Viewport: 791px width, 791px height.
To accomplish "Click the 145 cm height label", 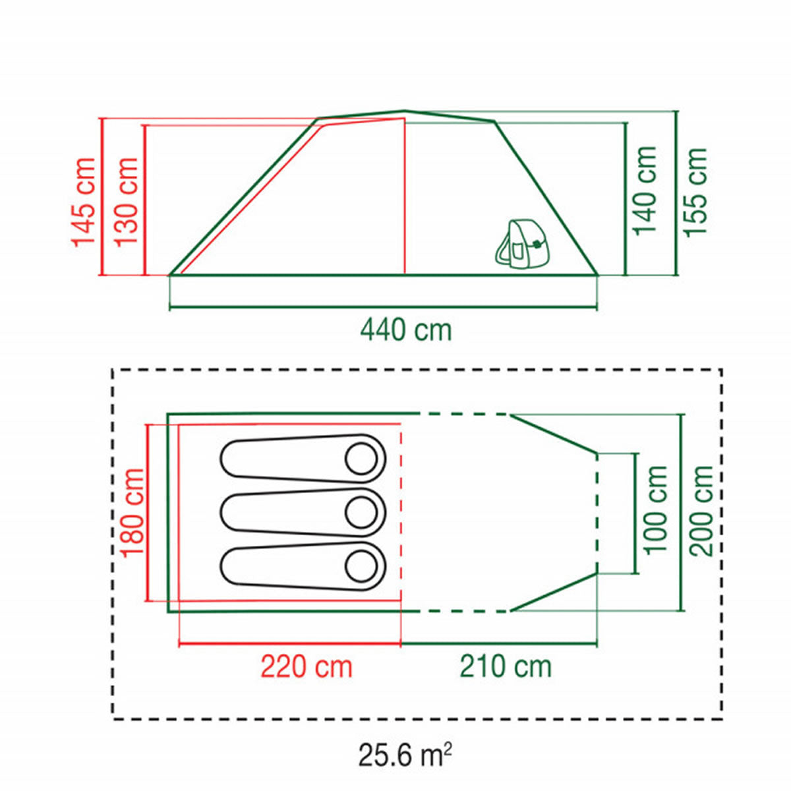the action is (x=84, y=202).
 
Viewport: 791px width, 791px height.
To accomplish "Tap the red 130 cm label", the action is (x=126, y=202).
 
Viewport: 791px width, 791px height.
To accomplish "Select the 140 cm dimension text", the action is (x=645, y=191).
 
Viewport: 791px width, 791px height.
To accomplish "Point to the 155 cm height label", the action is (x=695, y=192).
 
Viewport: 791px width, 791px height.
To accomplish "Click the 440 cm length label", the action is (x=406, y=330).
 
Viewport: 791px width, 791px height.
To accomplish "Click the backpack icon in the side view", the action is (x=521, y=245).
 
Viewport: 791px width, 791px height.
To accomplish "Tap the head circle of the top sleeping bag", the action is (x=361, y=459).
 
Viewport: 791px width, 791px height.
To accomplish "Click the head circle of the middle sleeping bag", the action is (x=361, y=513).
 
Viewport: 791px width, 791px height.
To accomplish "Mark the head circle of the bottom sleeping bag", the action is (x=361, y=566).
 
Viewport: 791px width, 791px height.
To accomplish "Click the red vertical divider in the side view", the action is (x=405, y=196).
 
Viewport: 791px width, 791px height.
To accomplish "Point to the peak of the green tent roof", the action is (x=405, y=111).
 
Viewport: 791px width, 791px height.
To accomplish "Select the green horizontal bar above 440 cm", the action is (x=384, y=307).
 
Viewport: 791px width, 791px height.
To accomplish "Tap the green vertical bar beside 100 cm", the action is (x=636, y=513).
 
